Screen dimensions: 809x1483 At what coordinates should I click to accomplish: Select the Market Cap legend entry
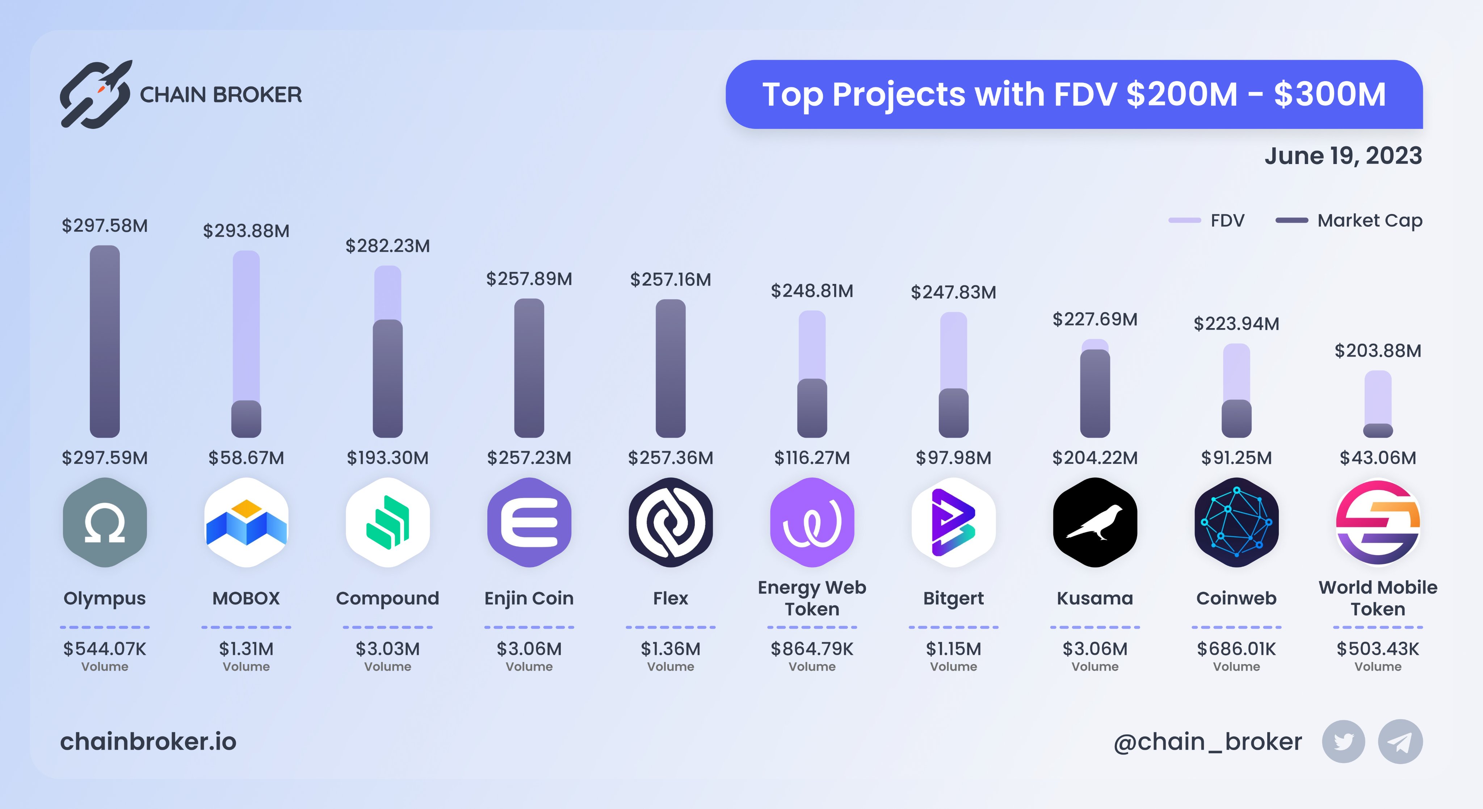(1349, 221)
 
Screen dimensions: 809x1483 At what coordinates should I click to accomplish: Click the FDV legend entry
(1207, 221)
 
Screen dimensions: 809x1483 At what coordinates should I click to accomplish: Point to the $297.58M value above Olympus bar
(105, 225)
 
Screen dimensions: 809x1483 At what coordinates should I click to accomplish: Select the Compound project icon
(387, 522)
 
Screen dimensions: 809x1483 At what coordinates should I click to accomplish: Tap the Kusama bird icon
(1095, 522)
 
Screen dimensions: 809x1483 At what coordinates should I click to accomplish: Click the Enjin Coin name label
(529, 598)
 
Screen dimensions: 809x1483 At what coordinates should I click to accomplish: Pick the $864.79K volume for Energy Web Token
(812, 649)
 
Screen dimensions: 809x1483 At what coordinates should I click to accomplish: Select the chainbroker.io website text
(148, 742)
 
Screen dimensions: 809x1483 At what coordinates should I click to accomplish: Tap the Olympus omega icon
(105, 522)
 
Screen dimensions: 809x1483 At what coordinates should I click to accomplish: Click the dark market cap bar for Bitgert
(953, 414)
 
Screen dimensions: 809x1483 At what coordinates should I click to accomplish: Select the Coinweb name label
(1236, 598)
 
